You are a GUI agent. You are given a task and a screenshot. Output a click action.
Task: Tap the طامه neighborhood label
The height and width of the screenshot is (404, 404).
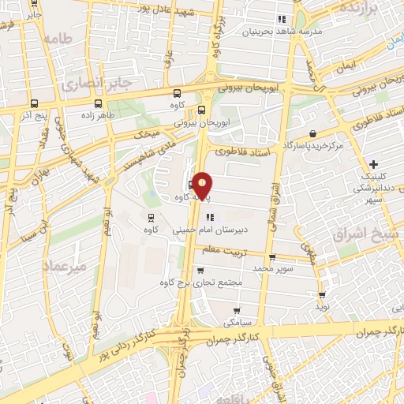(x=58, y=38)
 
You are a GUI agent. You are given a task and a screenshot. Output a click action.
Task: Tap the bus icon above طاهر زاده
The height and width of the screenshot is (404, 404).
(x=98, y=103)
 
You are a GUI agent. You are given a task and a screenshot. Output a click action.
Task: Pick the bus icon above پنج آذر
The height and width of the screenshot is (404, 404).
(x=34, y=103)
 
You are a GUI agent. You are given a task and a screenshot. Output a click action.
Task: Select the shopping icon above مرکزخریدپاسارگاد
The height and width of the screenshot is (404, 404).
(x=315, y=133)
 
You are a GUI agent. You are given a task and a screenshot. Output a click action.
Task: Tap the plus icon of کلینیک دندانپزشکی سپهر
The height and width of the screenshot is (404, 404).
(x=373, y=164)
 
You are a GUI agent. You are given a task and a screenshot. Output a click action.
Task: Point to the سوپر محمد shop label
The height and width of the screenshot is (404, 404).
(x=272, y=268)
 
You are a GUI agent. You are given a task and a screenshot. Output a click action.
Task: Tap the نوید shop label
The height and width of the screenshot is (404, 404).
(x=322, y=305)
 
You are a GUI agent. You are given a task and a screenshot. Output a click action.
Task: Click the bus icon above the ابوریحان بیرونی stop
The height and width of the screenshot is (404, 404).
(x=201, y=110)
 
